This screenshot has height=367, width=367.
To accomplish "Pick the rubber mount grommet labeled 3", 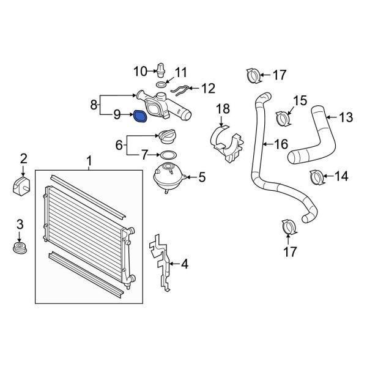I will (x=20, y=250).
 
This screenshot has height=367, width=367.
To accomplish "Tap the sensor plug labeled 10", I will (x=161, y=69).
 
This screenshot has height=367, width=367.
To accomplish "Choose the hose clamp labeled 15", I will (x=282, y=116).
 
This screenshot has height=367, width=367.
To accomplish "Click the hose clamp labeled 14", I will (x=317, y=178).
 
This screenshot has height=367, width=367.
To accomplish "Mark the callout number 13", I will (x=346, y=117).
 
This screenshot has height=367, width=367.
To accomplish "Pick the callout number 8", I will (x=94, y=105).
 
